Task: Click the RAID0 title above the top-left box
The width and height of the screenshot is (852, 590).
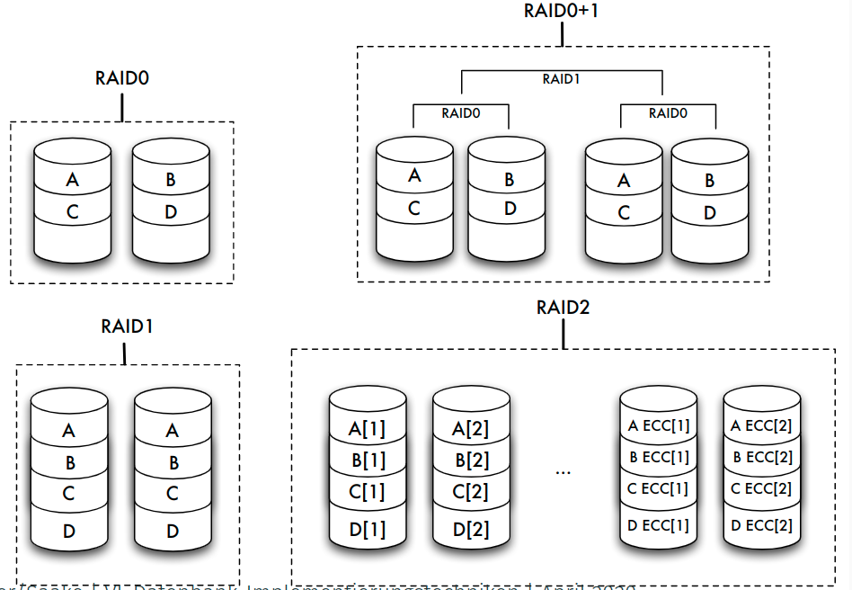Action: click(121, 78)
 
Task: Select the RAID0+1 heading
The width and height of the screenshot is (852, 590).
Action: click(562, 12)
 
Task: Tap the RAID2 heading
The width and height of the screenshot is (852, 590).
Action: click(563, 308)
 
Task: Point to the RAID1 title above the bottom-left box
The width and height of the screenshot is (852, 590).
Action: click(127, 326)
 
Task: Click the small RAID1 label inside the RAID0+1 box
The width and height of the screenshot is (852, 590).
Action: click(561, 79)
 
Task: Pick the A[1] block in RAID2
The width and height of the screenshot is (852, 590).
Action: click(367, 429)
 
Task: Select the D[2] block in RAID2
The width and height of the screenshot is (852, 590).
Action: click(470, 530)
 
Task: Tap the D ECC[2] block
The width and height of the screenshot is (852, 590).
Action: click(762, 524)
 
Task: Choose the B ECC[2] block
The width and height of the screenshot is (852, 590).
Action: click(762, 458)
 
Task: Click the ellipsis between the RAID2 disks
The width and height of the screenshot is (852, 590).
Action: click(564, 470)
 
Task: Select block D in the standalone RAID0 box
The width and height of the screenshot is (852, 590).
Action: click(172, 213)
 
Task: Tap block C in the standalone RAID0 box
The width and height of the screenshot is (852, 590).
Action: click(72, 213)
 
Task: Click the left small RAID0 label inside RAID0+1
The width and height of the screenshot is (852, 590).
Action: click(460, 113)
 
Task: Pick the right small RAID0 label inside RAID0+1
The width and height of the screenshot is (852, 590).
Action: click(668, 113)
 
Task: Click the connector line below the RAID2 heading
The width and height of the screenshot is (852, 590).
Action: click(563, 335)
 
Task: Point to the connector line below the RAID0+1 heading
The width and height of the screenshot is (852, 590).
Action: click(562, 34)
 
